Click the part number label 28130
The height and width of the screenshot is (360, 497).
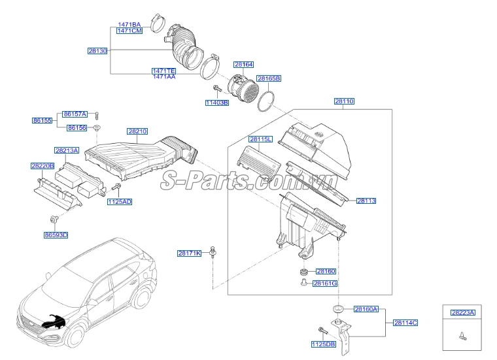tap(97, 50)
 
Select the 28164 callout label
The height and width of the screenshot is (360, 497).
tap(243, 64)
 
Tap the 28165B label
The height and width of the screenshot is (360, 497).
tap(269, 78)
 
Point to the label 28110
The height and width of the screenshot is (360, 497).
tap(344, 101)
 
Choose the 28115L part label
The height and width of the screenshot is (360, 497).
tap(260, 139)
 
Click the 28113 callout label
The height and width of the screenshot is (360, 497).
tap(366, 201)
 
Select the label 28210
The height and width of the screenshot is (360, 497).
tap(137, 131)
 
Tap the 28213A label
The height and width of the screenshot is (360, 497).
tap(66, 150)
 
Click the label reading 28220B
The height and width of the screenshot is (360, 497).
tap(42, 166)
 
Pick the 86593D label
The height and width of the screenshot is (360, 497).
tap(56, 235)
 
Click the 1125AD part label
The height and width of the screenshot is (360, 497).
tap(120, 202)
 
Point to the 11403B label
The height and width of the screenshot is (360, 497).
tap(217, 103)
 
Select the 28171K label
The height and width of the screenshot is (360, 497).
tap(190, 253)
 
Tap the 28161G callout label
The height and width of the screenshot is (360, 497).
tap(325, 284)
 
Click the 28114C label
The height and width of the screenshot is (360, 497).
tap(405, 323)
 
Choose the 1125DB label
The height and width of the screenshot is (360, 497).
tap(323, 344)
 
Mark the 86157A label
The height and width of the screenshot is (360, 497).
tap(75, 114)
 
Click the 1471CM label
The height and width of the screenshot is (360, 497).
tap(129, 31)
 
